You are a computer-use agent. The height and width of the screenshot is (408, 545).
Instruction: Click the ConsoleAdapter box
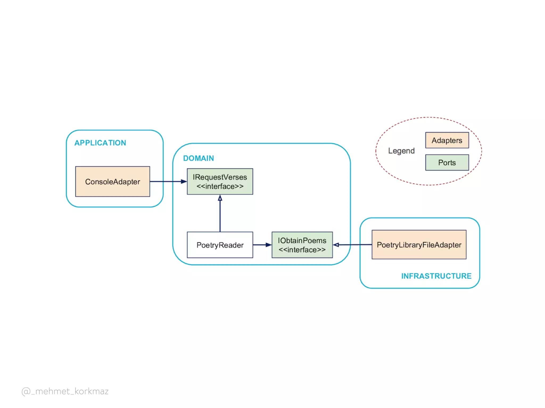(x=113, y=182)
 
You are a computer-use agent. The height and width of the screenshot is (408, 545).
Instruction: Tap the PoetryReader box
(x=220, y=245)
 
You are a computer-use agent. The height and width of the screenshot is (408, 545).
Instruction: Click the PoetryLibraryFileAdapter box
(x=419, y=245)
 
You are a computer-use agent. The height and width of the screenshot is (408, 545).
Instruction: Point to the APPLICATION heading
(x=100, y=143)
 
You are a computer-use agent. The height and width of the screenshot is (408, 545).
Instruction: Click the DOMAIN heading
(x=199, y=158)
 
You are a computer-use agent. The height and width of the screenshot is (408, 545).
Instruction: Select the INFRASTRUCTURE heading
(x=436, y=276)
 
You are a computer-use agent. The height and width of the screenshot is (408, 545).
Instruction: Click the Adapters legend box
(x=447, y=140)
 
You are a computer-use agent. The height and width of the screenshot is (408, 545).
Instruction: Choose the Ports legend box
(x=447, y=163)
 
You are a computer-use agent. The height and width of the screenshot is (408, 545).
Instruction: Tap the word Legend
(x=401, y=151)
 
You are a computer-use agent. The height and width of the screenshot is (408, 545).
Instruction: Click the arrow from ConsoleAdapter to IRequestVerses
(x=166, y=182)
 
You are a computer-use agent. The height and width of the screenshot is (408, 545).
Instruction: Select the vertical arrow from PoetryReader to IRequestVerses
(x=220, y=215)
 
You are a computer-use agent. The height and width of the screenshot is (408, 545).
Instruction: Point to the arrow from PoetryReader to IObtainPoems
(x=261, y=245)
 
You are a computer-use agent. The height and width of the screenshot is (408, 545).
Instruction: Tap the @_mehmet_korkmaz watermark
(x=65, y=391)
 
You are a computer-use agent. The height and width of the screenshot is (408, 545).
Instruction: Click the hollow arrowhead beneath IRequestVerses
(x=220, y=198)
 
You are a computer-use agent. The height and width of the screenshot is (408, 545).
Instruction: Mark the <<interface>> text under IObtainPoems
(x=302, y=250)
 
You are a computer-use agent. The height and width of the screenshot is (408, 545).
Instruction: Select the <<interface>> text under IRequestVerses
(x=220, y=186)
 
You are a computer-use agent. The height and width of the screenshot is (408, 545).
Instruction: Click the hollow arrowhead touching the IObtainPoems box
(x=336, y=245)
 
